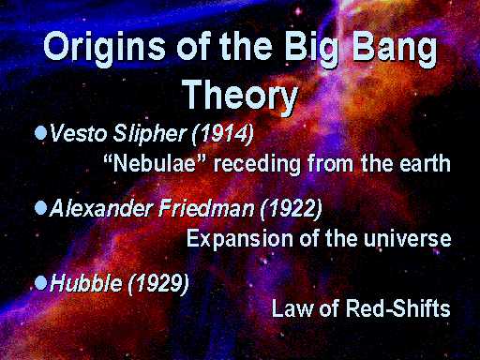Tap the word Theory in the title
[x=240, y=95]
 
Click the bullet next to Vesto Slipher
[x=40, y=132]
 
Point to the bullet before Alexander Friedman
[x=40, y=207]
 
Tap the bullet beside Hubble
[x=40, y=282]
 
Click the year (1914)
[x=223, y=134]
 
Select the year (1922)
[x=292, y=209]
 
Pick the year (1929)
[x=158, y=284]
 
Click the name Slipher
[x=150, y=134]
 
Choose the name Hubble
[x=86, y=283]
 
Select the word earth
[x=425, y=163]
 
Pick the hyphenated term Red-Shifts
[x=397, y=307]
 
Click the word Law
[x=292, y=308]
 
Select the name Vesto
[x=79, y=133]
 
